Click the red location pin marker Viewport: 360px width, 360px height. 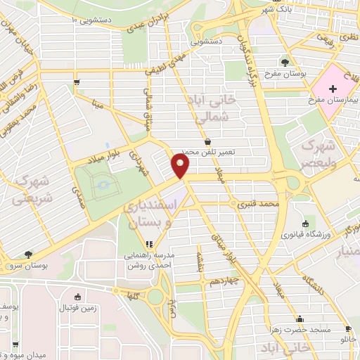click(x=181, y=166)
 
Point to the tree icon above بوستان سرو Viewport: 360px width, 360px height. click(x=27, y=255)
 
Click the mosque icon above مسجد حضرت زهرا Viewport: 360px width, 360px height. click(x=300, y=318)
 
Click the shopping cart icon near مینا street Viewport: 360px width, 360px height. click(x=75, y=82)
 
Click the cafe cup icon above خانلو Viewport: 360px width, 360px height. click(x=347, y=329)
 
